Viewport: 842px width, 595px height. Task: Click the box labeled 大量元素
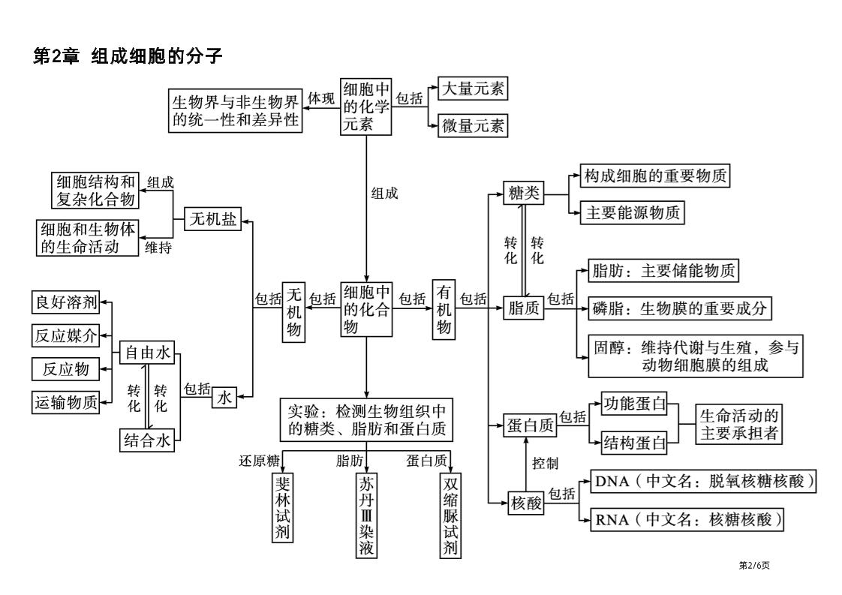(473, 89)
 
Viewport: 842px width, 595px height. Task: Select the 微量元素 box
(473, 125)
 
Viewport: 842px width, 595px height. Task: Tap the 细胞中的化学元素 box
(367, 107)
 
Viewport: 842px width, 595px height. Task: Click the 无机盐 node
(212, 219)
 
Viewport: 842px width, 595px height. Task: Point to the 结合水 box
(147, 440)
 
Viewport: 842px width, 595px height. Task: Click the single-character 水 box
(224, 398)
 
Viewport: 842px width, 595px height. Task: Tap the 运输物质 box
(66, 403)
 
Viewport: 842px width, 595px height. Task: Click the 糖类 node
(524, 194)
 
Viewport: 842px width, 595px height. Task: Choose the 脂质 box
(524, 308)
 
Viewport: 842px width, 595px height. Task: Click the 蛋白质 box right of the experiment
(530, 426)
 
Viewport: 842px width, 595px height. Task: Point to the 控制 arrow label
(545, 464)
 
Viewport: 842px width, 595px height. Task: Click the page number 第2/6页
(754, 565)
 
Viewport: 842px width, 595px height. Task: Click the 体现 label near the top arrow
(321, 98)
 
